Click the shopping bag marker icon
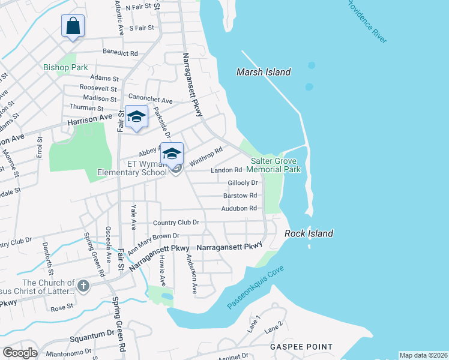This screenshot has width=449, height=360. point(73,26)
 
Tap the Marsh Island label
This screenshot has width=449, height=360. point(264,72)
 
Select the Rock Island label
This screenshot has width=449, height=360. point(309,233)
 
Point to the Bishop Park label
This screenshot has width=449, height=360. point(65,67)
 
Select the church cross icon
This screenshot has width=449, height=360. point(83,286)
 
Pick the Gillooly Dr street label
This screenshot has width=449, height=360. point(243,182)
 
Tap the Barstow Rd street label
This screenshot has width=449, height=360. point(240,196)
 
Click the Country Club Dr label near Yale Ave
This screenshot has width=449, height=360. point(176,223)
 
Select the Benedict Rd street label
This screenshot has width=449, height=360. point(121,53)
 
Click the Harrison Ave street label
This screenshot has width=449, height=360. point(88,120)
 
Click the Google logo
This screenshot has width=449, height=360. point(20,352)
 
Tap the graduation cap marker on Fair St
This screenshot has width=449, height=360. point(136,116)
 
